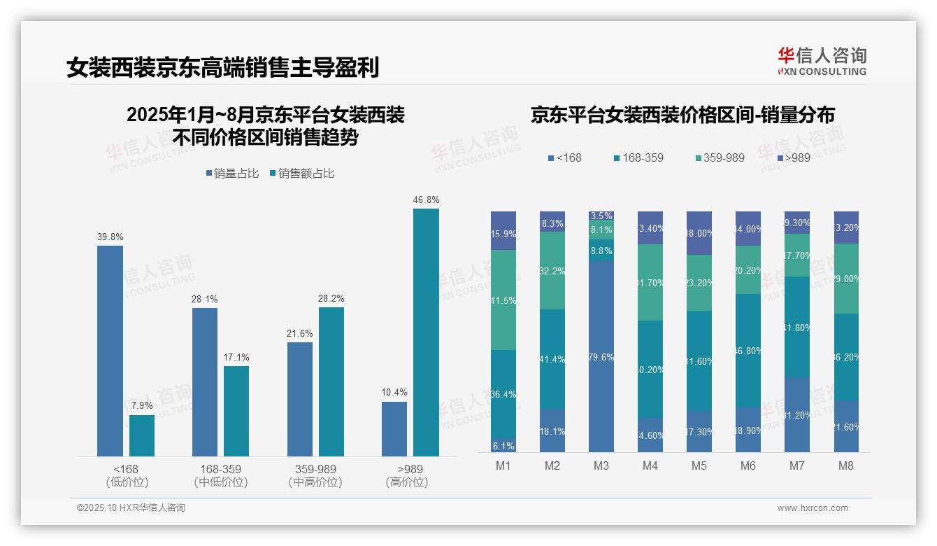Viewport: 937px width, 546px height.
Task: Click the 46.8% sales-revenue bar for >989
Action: click(x=426, y=332)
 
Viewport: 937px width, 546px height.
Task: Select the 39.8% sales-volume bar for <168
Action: click(x=110, y=351)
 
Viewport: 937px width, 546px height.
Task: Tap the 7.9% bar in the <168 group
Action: click(x=142, y=435)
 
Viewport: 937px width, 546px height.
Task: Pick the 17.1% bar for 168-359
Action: click(x=236, y=411)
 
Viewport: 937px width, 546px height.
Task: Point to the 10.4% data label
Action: click(x=394, y=393)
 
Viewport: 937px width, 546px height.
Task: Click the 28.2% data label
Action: click(x=331, y=299)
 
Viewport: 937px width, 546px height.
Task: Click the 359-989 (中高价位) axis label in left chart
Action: click(x=315, y=475)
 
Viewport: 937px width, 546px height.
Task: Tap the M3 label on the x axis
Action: click(x=601, y=466)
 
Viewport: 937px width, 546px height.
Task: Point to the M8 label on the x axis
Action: click(x=846, y=466)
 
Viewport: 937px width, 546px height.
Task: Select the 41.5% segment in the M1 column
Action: click(x=503, y=300)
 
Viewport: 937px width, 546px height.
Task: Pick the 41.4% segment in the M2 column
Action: click(x=552, y=359)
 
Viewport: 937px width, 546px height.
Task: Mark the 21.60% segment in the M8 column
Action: click(x=846, y=426)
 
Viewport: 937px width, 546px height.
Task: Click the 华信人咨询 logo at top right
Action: click(x=822, y=61)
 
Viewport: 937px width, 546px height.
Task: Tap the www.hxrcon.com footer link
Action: click(x=812, y=508)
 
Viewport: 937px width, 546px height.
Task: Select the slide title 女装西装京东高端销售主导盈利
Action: click(x=223, y=68)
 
